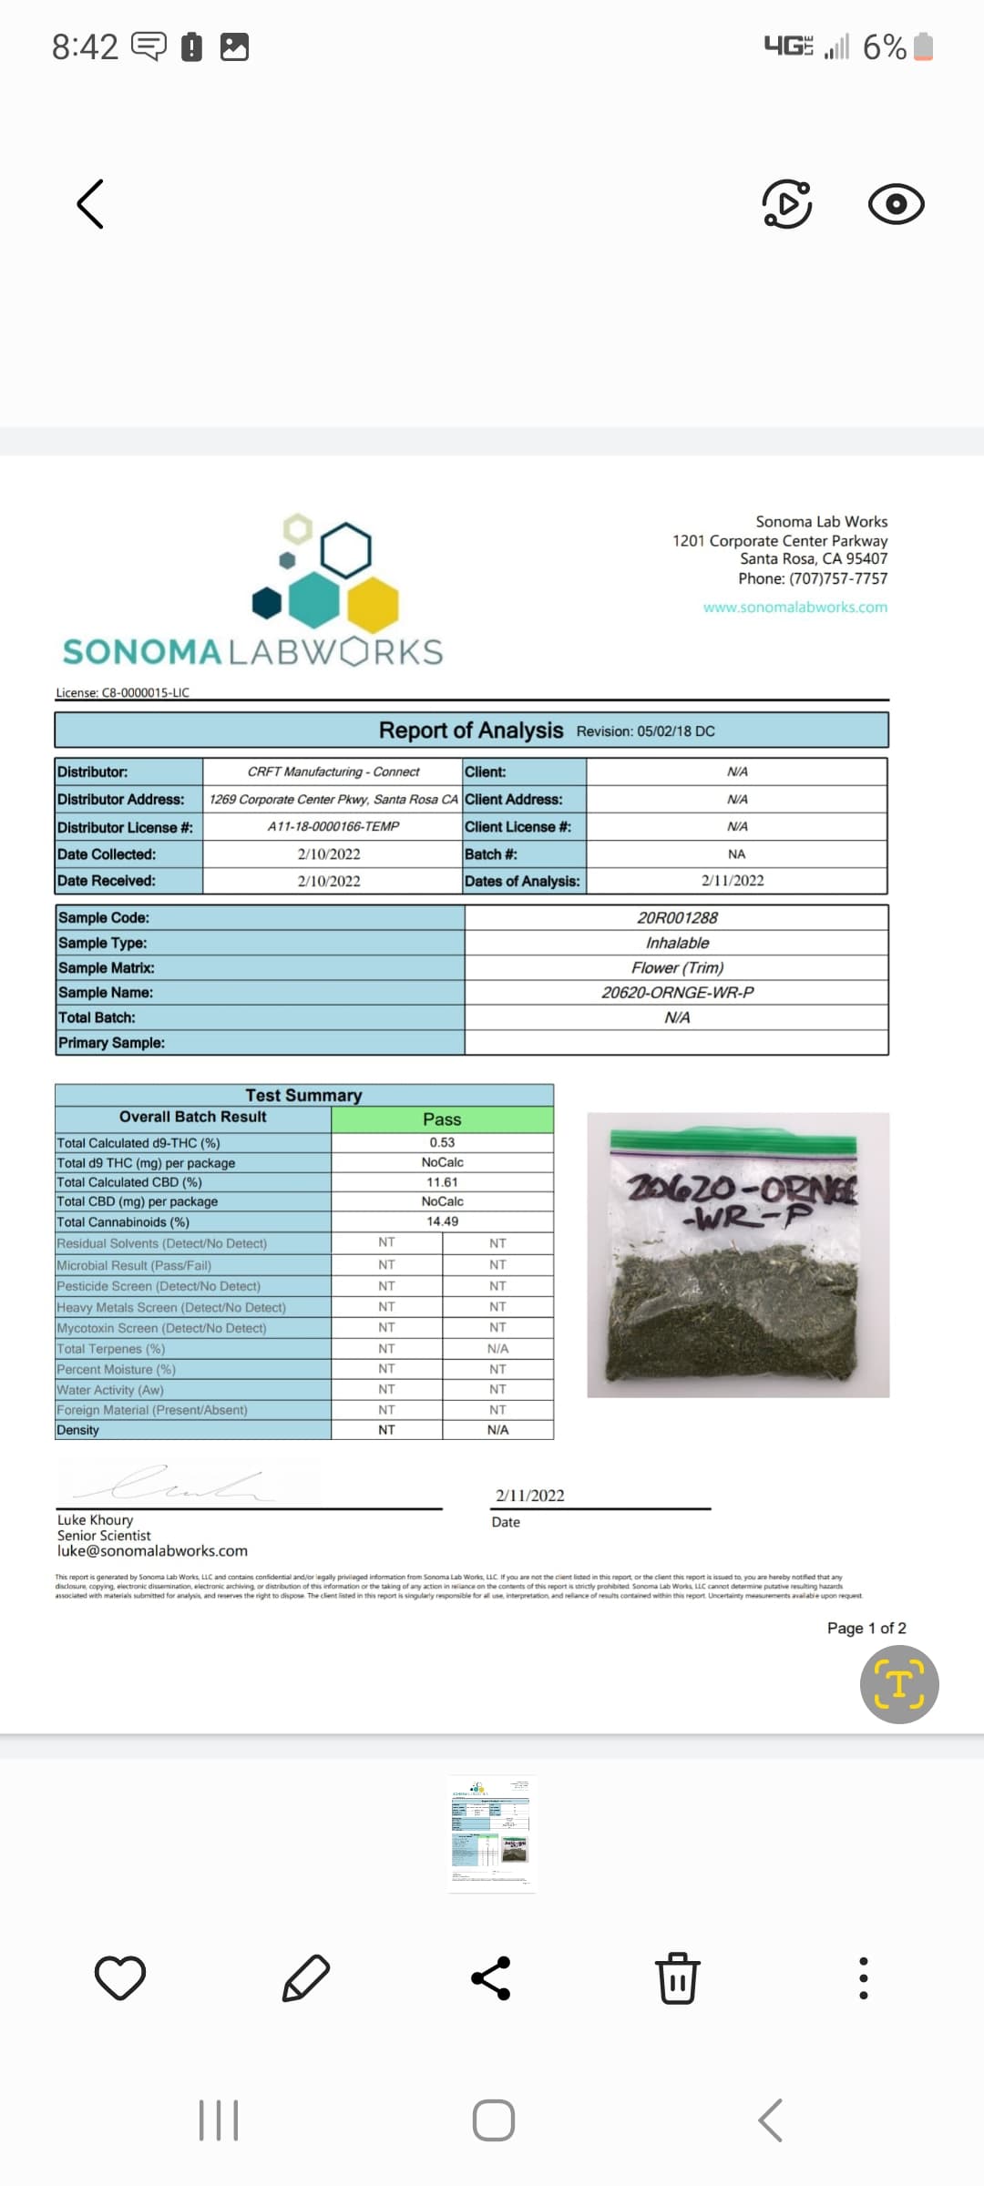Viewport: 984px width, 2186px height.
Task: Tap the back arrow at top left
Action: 90,203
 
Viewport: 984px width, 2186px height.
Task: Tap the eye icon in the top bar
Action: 896,204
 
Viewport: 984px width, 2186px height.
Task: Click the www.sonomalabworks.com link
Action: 794,608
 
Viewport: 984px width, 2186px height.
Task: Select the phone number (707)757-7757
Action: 837,578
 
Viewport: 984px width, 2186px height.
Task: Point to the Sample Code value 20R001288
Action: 677,917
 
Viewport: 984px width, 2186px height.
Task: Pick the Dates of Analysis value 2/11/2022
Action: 733,881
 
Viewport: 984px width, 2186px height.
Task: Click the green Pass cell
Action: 442,1119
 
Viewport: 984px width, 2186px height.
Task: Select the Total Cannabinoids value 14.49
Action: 442,1221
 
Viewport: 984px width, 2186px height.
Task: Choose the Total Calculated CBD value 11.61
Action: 442,1182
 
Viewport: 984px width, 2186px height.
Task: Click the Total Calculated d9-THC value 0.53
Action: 442,1142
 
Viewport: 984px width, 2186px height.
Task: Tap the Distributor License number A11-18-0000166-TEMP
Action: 333,826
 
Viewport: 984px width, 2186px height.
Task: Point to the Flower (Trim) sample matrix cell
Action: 677,967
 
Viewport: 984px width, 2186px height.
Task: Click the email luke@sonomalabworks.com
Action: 152,1551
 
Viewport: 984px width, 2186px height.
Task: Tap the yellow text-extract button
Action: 899,1684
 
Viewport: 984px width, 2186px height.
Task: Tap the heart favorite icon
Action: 120,1977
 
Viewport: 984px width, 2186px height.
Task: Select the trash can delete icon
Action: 678,1977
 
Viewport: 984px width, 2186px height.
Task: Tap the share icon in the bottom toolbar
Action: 491,1977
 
